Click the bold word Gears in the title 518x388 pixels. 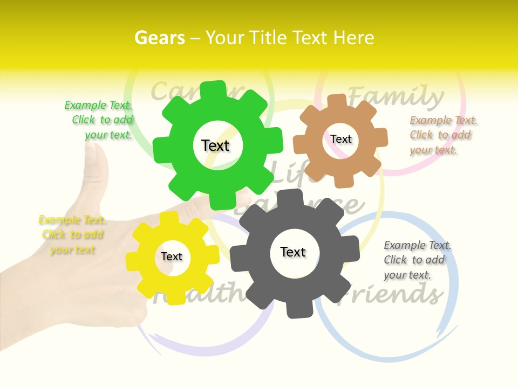159,38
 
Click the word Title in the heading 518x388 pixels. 268,38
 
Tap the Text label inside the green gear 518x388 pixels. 215,145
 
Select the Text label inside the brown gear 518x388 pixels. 341,139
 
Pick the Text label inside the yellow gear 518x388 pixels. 172,257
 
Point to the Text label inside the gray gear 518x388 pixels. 293,252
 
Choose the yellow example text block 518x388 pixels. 72,234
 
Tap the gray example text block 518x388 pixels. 417,260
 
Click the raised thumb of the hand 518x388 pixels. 96,162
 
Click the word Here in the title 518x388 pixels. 353,38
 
